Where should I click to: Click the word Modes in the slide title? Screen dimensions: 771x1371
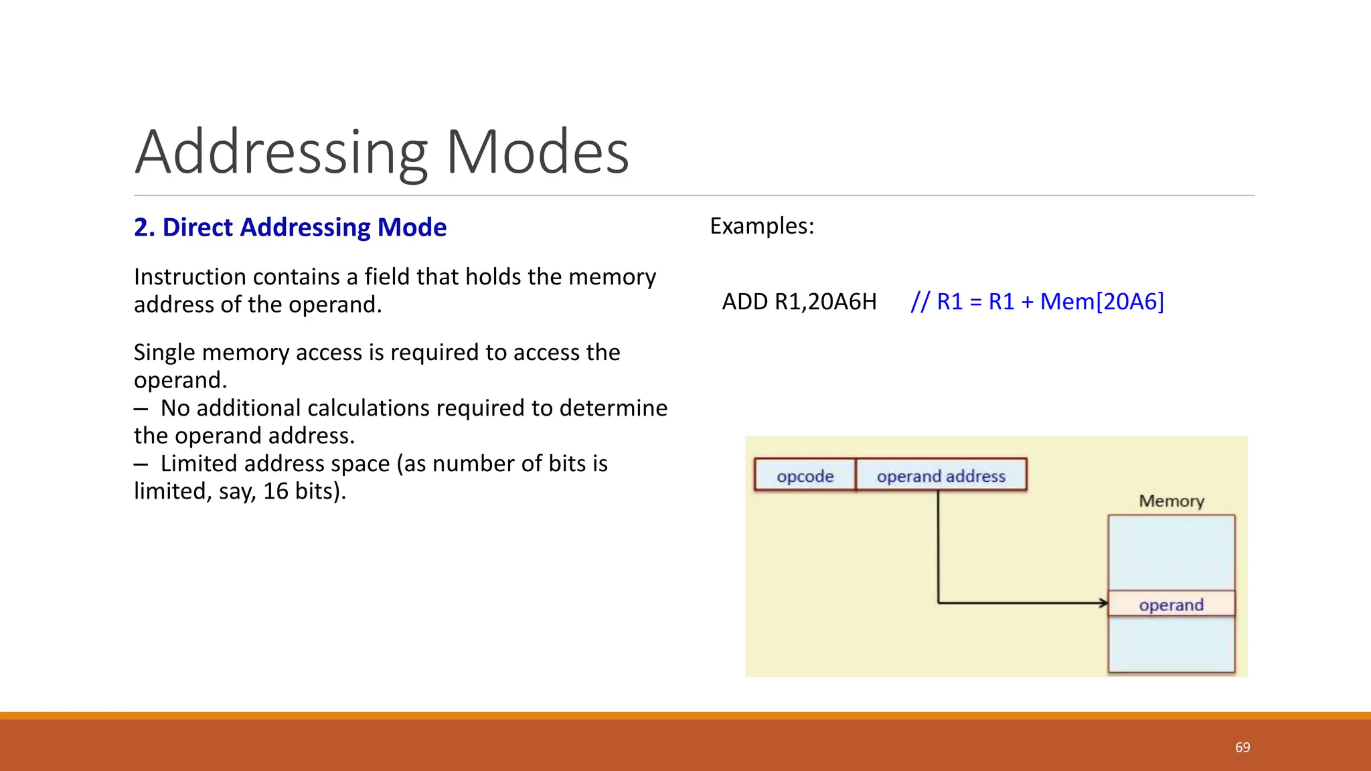click(x=538, y=153)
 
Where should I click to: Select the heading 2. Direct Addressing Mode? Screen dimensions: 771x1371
click(x=290, y=228)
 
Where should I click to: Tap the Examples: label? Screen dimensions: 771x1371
click(x=762, y=226)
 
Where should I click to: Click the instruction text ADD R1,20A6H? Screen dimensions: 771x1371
click(x=799, y=302)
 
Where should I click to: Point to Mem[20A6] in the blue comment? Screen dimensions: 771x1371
click(x=1102, y=302)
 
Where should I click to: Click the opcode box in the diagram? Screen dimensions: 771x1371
click(x=805, y=476)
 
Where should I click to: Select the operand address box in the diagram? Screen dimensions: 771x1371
click(x=941, y=476)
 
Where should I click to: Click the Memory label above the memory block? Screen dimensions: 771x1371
click(x=1171, y=501)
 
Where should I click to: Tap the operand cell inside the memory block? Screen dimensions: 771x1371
click(x=1171, y=604)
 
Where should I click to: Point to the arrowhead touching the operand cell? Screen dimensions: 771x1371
click(x=1103, y=603)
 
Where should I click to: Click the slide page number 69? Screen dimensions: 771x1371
click(x=1242, y=748)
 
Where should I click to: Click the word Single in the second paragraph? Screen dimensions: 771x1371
click(x=164, y=353)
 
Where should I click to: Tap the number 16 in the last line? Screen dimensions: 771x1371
click(x=275, y=491)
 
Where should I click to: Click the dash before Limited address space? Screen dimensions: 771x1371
click(x=141, y=464)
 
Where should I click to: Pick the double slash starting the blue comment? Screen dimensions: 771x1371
click(x=920, y=302)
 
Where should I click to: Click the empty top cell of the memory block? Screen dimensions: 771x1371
click(x=1171, y=552)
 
